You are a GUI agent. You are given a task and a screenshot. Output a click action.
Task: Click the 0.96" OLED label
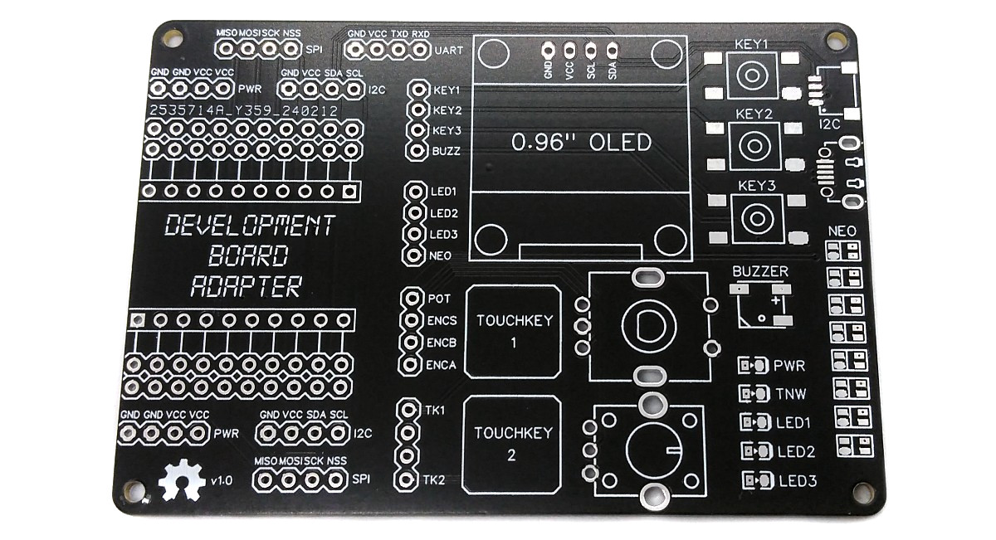(581, 143)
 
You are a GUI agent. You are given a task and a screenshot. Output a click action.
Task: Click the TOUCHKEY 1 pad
(514, 331)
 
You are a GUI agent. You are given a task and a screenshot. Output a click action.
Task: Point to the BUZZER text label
(760, 272)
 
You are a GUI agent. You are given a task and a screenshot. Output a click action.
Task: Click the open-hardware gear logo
(183, 479)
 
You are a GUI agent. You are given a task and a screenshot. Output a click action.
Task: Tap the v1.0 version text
(222, 480)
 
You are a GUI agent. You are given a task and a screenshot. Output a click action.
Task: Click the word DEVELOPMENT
(250, 226)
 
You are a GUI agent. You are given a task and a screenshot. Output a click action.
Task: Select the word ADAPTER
(245, 287)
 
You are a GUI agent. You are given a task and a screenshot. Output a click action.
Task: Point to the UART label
(449, 50)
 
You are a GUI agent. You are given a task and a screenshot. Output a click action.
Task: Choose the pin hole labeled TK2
(407, 479)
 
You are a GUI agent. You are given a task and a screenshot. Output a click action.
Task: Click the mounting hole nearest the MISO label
(173, 36)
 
